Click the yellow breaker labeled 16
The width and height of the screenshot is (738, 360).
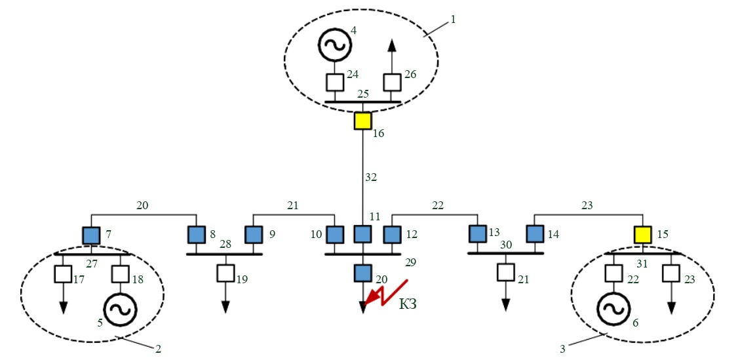tap(362, 121)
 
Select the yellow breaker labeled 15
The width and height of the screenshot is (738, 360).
tap(642, 234)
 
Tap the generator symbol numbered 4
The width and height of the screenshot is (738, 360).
tap(335, 45)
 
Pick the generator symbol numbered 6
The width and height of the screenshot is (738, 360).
tap(613, 309)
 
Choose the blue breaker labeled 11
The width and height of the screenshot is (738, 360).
tap(362, 234)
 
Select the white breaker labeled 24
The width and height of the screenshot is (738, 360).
tap(335, 83)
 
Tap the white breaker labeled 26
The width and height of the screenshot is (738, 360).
tap(392, 83)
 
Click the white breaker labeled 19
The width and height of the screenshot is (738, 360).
tap(225, 272)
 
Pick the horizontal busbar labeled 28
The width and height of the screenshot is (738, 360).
tap(224, 253)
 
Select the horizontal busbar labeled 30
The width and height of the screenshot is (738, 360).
tap(505, 253)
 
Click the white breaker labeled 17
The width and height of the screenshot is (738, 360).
tap(64, 272)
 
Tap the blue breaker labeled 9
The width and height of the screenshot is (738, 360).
tap(253, 234)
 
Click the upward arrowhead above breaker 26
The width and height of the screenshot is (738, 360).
tap(392, 45)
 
